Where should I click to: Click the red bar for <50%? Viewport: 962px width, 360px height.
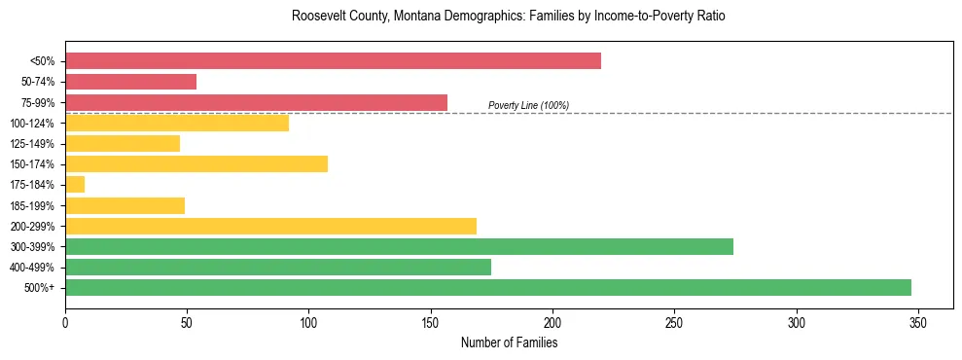click(333, 61)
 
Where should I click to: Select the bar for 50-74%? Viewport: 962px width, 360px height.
click(130, 82)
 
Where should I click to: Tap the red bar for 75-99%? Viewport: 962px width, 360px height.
click(256, 102)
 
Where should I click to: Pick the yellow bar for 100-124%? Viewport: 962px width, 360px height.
click(177, 123)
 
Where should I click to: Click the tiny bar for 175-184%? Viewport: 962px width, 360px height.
click(75, 184)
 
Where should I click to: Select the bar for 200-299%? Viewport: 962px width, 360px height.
click(270, 226)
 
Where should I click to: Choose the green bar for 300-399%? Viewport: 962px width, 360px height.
click(399, 246)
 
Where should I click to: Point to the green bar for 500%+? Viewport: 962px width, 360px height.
click(487, 287)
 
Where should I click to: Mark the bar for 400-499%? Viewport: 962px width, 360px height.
click(278, 267)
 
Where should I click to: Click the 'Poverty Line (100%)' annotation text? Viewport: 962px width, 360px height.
click(528, 105)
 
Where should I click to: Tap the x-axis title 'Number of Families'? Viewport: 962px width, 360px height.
click(509, 342)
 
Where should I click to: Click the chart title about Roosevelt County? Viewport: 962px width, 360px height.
click(509, 17)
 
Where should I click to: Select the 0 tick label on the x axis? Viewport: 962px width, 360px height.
click(65, 322)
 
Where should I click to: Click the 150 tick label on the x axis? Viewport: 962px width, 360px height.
click(431, 322)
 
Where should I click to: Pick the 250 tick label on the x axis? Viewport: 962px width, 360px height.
click(674, 322)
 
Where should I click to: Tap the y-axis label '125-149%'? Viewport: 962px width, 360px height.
click(32, 144)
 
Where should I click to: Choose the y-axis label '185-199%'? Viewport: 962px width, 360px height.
click(32, 205)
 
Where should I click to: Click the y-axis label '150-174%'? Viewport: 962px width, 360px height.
click(32, 164)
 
